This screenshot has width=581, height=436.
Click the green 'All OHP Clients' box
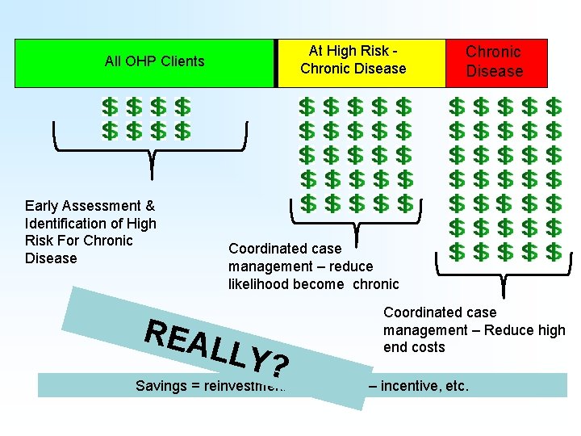(x=145, y=62)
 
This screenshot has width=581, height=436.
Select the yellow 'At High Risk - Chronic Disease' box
(x=361, y=62)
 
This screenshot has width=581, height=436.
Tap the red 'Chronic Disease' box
(x=496, y=62)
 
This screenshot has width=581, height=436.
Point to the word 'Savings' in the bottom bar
(x=161, y=386)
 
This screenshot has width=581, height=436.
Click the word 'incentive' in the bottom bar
(x=408, y=386)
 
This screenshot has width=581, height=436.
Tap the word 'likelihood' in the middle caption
(x=262, y=283)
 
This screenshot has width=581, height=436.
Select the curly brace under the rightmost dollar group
(x=503, y=275)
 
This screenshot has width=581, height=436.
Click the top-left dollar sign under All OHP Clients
(x=109, y=107)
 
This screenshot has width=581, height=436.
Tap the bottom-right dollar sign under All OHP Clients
(x=183, y=130)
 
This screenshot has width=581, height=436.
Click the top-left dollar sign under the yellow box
(x=307, y=107)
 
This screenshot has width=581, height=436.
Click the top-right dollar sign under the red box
(x=554, y=107)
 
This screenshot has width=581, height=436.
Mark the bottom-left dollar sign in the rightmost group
(x=457, y=252)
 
